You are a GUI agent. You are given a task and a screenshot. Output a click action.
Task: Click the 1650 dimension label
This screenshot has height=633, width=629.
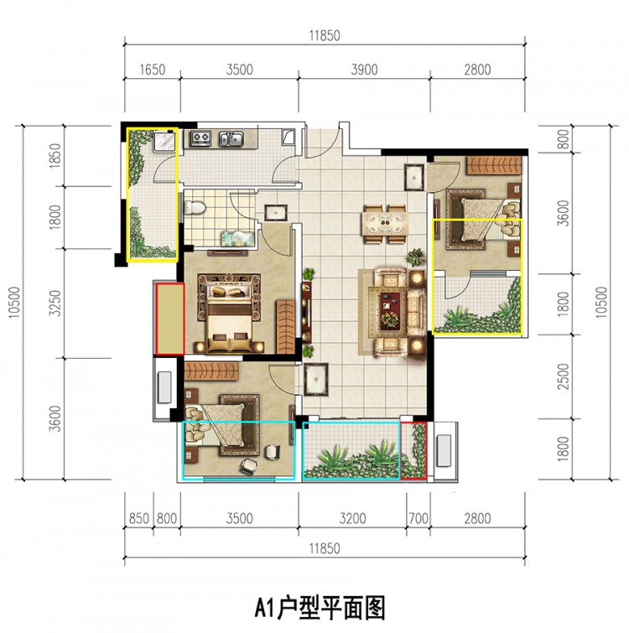(152, 70)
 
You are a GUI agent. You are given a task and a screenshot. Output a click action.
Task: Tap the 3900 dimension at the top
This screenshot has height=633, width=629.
(364, 70)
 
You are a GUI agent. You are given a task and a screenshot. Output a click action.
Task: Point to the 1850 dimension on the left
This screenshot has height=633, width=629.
(55, 156)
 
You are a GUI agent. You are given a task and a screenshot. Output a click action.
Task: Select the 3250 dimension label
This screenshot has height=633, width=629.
(55, 304)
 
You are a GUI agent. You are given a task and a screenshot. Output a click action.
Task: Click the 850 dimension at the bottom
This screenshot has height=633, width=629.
(138, 518)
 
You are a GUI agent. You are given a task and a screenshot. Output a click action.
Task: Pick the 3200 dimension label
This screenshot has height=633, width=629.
(352, 518)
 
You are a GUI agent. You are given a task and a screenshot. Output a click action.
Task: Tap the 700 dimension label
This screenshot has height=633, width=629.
(418, 518)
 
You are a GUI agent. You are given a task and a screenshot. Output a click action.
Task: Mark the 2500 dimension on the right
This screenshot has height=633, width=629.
(563, 376)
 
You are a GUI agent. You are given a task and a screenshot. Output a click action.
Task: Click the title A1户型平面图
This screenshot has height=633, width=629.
(320, 608)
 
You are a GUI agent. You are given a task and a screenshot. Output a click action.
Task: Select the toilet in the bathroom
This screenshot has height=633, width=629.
(195, 207)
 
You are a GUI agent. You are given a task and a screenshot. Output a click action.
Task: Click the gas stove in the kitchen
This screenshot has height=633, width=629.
(200, 138)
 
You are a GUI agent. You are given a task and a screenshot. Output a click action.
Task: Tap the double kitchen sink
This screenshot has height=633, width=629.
(231, 138)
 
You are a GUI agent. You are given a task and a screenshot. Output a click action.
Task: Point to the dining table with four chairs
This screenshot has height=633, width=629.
(385, 225)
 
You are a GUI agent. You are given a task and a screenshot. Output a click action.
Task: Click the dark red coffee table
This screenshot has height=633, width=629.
(390, 311)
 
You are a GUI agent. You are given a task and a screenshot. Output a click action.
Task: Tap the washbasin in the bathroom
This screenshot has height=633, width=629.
(237, 238)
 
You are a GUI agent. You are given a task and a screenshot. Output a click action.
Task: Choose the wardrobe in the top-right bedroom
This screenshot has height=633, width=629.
(494, 165)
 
